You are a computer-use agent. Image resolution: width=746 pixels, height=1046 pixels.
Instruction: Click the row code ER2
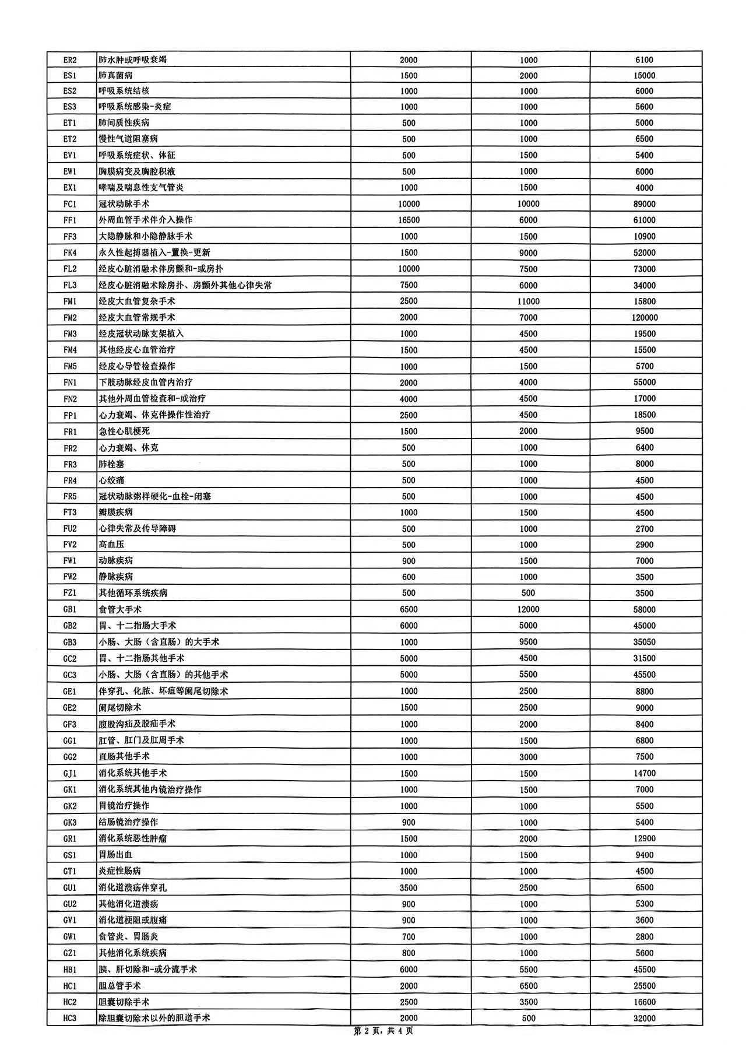click(70, 60)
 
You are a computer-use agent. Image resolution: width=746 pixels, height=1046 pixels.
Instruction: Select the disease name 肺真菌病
click(115, 75)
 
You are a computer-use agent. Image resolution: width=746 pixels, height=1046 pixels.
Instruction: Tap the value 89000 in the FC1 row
click(645, 204)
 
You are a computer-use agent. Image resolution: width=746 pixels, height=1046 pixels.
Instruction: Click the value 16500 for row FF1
click(409, 220)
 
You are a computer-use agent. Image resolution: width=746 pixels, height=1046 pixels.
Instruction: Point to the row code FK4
click(70, 252)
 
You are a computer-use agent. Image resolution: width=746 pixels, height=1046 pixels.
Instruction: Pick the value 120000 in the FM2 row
click(645, 318)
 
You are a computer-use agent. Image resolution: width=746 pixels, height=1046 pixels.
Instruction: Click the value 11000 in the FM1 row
click(529, 301)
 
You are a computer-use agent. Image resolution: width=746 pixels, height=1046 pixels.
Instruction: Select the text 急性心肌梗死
click(124, 431)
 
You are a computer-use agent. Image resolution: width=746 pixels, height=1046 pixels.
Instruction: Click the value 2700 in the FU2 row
click(645, 529)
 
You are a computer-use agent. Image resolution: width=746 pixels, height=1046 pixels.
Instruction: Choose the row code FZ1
click(70, 593)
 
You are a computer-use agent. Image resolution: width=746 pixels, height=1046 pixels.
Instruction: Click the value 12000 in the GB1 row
click(529, 609)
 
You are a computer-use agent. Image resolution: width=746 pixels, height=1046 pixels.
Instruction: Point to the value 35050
click(645, 642)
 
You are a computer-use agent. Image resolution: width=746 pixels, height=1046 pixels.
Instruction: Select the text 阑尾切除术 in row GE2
click(120, 707)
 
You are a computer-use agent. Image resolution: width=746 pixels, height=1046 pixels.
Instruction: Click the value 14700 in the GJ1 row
click(645, 773)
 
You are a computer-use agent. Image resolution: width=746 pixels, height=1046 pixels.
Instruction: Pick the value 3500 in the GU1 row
click(409, 887)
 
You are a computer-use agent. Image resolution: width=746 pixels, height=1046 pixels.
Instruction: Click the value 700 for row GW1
click(409, 936)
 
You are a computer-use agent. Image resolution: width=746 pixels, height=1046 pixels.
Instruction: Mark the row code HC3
click(70, 1017)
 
